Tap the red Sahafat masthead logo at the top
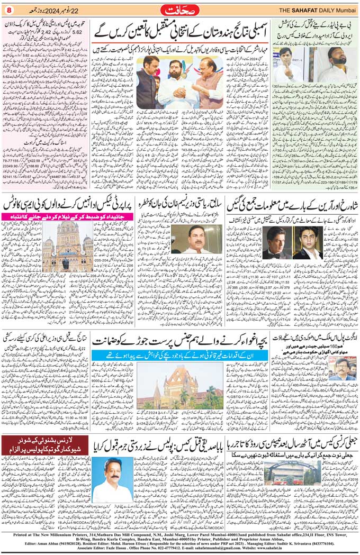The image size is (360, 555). coord(180,10)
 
